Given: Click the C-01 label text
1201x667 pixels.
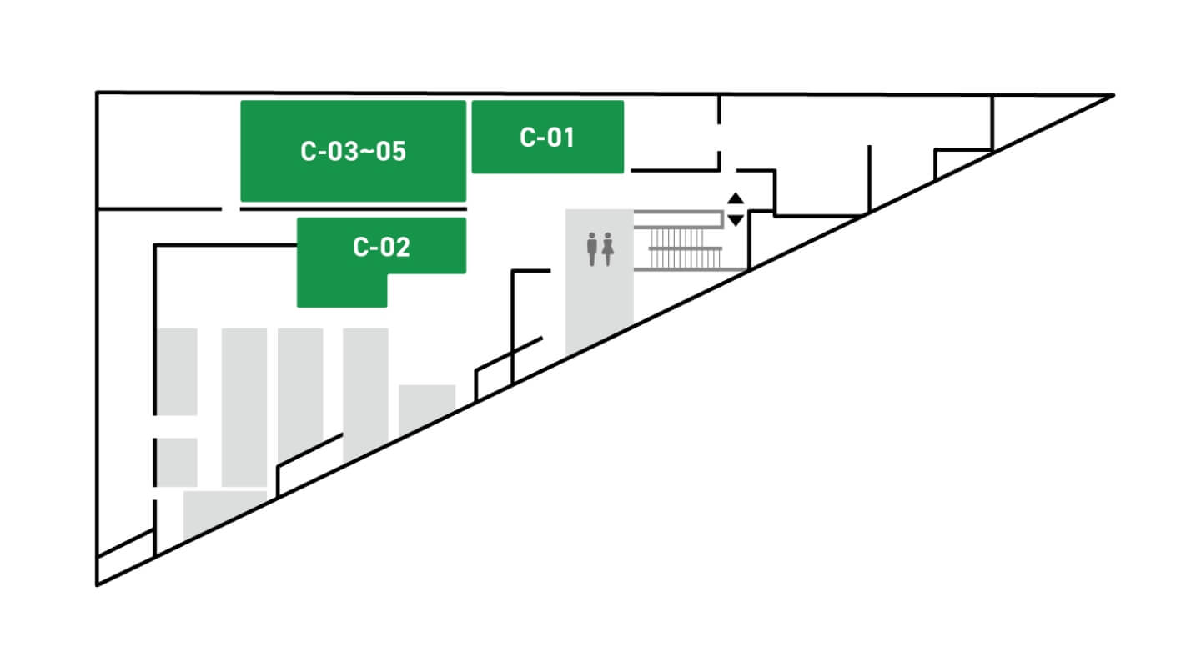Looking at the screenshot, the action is (x=547, y=138).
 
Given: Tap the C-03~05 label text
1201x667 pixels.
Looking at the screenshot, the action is (x=354, y=151).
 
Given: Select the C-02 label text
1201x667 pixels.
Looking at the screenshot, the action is (x=381, y=247).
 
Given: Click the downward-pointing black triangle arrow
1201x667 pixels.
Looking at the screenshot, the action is (x=736, y=220).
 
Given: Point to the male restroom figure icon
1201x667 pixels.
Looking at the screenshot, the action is (x=592, y=248).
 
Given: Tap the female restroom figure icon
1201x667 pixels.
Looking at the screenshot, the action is (x=607, y=248).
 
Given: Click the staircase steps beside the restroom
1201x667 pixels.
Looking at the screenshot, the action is (x=684, y=248).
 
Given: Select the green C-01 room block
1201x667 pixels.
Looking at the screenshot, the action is (x=547, y=137).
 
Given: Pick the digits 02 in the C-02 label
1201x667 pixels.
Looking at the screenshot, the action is (x=395, y=247).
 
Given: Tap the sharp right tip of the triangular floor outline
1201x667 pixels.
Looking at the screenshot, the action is (x=1114, y=95).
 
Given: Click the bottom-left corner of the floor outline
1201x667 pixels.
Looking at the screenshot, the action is (x=98, y=584).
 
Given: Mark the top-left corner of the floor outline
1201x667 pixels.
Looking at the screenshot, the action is (x=98, y=93).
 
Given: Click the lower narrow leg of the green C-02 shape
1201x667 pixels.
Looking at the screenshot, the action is (x=342, y=290).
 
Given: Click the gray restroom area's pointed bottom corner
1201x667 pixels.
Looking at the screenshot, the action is (x=566, y=355).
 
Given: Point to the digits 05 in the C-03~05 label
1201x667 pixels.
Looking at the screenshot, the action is (x=391, y=151).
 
